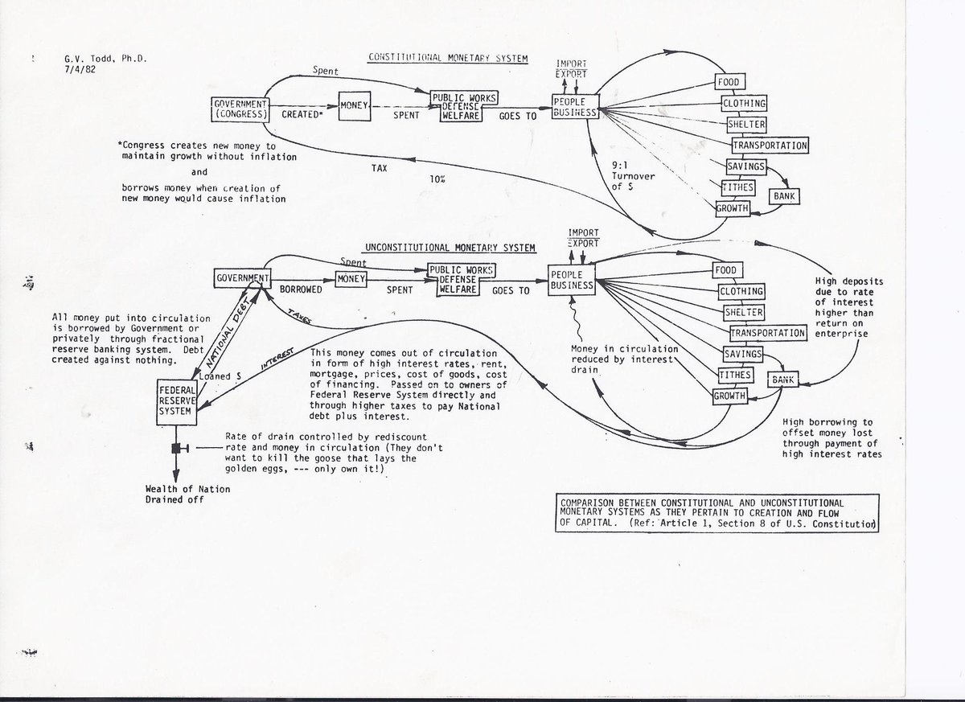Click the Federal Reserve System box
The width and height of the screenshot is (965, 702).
coord(175,400)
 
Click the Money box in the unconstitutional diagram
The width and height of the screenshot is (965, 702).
coord(351,279)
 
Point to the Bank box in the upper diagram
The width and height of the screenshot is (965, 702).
coord(783,195)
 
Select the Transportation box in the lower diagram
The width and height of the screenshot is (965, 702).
coord(768,332)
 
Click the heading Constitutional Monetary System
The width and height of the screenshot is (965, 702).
coord(447,57)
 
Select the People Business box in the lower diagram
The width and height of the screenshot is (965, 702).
coord(571,281)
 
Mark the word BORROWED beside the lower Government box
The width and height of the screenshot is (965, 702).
coord(302,287)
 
